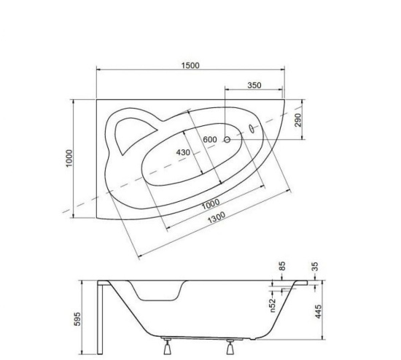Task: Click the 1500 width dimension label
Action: (x=190, y=66)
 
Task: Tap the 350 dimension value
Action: (x=254, y=85)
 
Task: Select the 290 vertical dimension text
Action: (x=298, y=120)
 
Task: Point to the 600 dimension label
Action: (x=210, y=140)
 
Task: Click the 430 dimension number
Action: (x=183, y=152)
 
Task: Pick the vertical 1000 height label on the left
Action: (x=69, y=159)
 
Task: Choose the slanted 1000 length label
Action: (x=211, y=204)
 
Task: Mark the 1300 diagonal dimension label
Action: (x=217, y=217)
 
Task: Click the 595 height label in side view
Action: (x=77, y=319)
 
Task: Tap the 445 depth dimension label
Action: (x=318, y=311)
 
